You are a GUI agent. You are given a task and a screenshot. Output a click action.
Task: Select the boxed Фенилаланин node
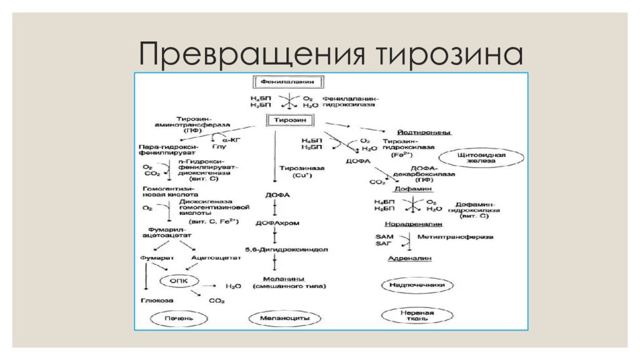point(291,82)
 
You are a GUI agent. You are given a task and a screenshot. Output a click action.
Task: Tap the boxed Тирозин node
point(291,120)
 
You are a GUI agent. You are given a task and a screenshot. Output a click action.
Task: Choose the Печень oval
point(176,318)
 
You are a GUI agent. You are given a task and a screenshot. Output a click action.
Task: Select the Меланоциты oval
point(285,318)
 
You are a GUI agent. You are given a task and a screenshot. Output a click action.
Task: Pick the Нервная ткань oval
point(417,314)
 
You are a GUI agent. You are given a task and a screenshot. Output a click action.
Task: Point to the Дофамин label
point(412,189)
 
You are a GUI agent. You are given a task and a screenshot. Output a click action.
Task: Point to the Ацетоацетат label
point(211,257)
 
